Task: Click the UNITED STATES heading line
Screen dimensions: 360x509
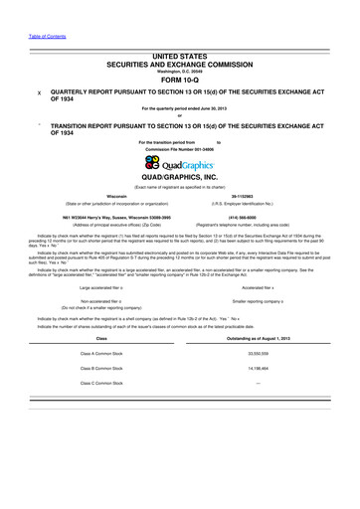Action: coord(179,60)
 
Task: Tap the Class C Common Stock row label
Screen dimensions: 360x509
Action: coord(97,383)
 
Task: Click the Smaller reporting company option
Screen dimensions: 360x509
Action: coord(264,299)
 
